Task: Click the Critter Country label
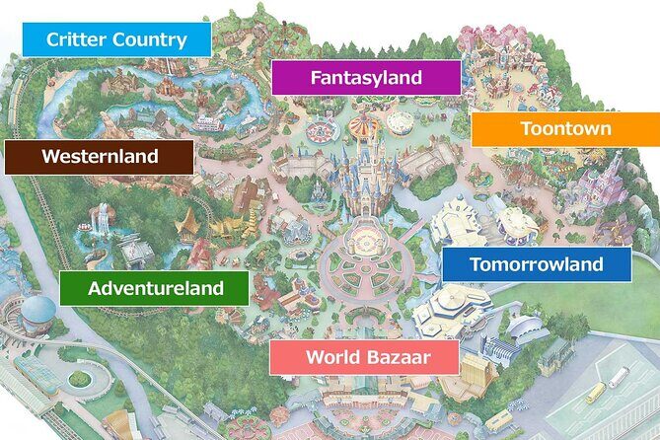[116, 40]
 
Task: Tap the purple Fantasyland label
[366, 77]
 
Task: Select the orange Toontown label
[565, 129]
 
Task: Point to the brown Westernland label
[99, 156]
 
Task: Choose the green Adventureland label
[155, 289]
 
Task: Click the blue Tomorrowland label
[536, 264]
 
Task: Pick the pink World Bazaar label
[364, 357]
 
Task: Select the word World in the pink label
[330, 357]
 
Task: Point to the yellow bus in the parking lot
[596, 392]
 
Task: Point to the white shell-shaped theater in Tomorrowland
[520, 333]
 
